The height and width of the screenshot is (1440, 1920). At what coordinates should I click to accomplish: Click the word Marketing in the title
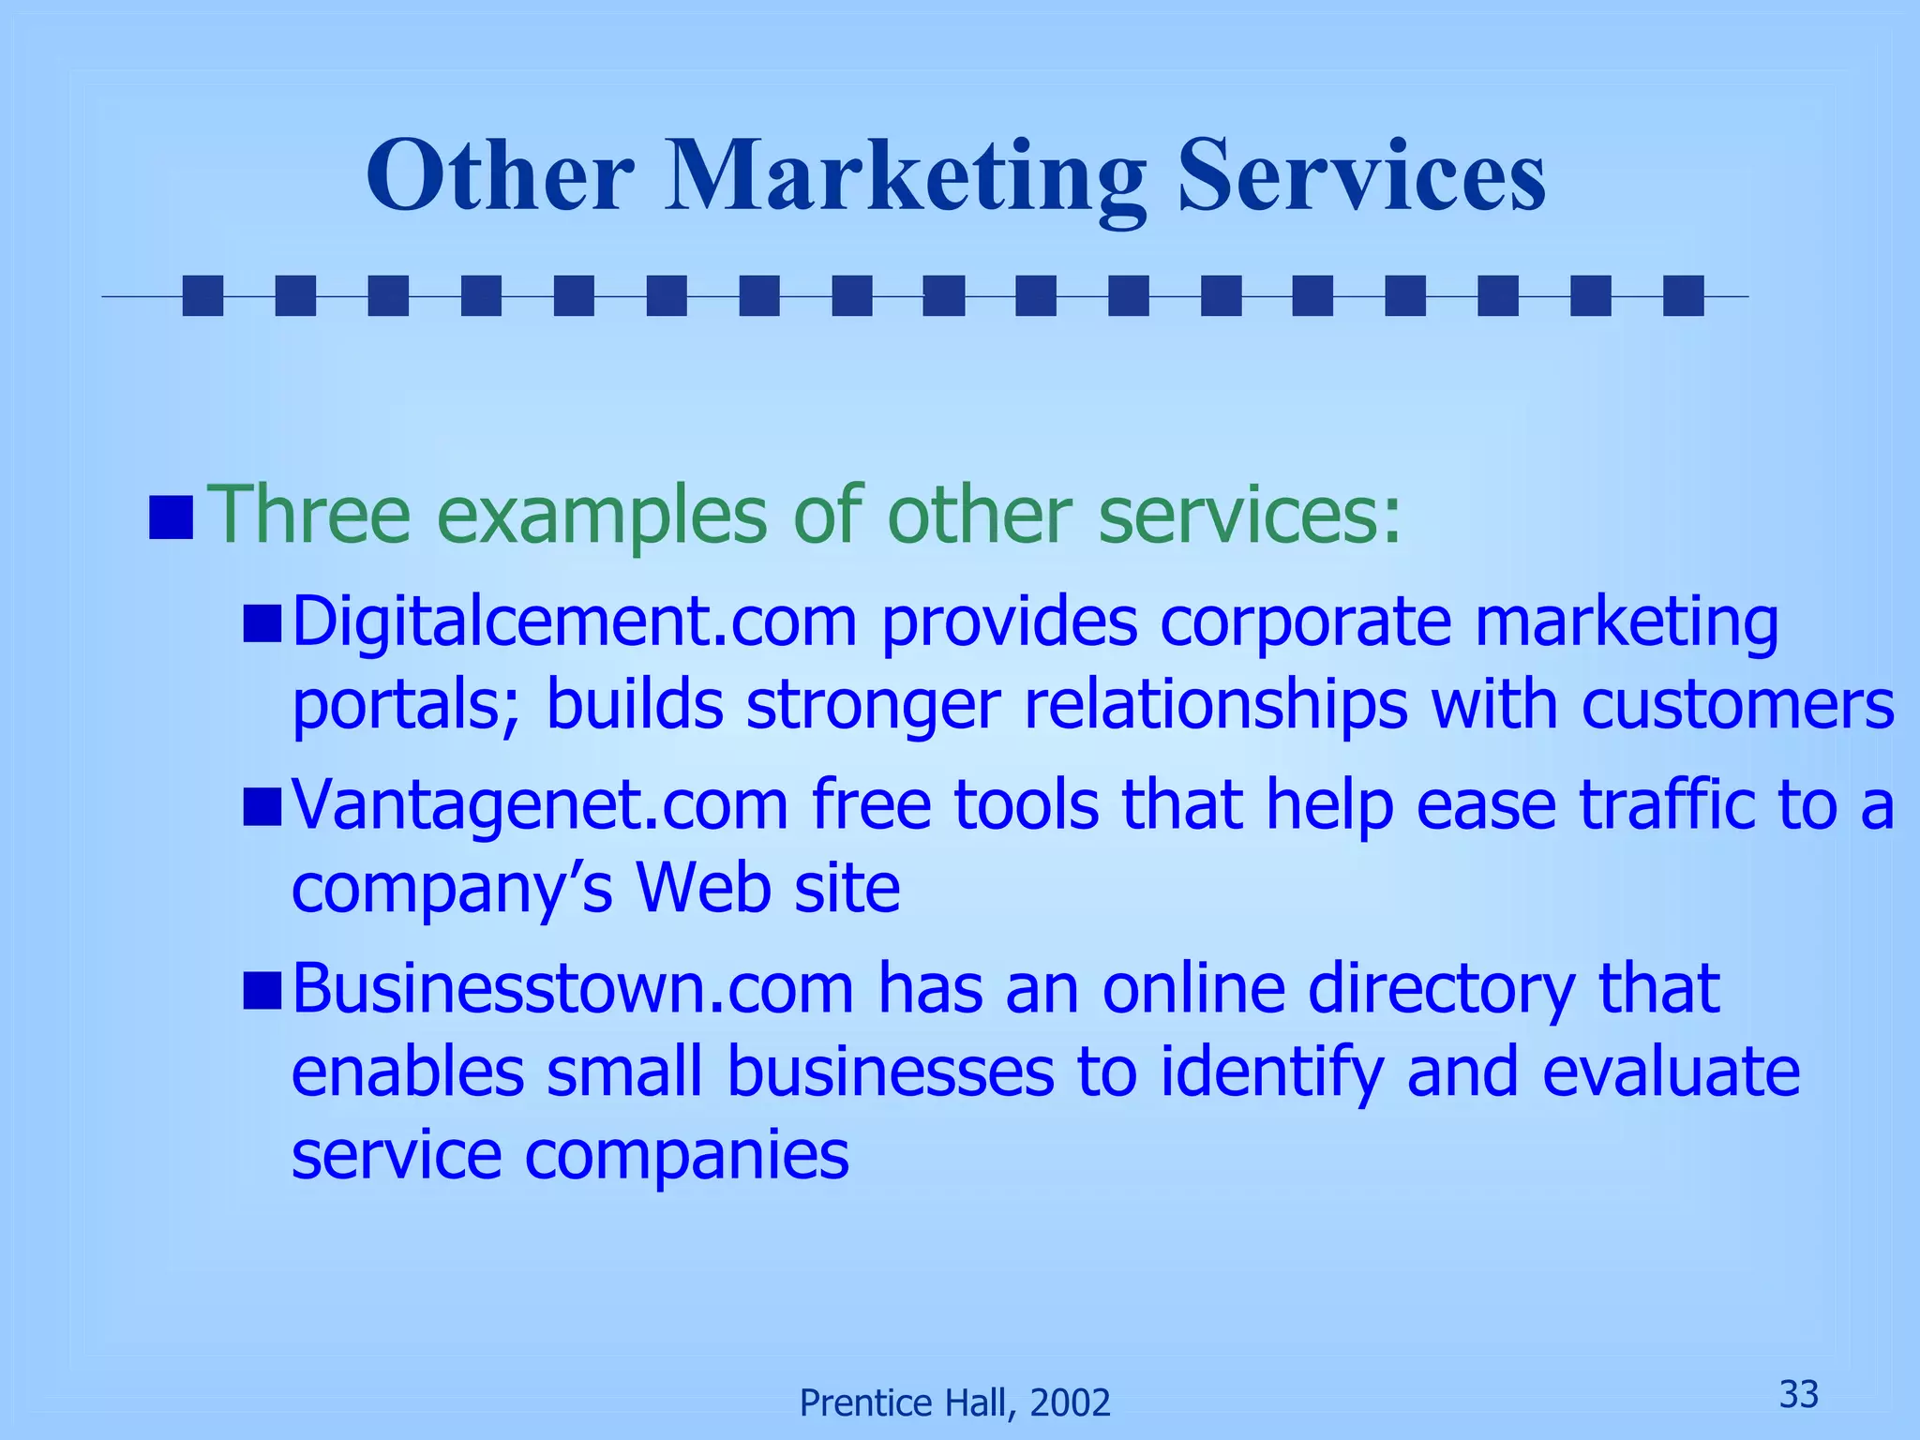[905, 177]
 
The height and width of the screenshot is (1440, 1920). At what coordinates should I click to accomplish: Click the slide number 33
[1799, 1395]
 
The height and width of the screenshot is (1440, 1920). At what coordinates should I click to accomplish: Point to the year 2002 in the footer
[1070, 1403]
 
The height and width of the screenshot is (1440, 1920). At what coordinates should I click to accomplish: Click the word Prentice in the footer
[858, 1403]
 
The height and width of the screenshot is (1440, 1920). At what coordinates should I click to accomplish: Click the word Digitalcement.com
[575, 622]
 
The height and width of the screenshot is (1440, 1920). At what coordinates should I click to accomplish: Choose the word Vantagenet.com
[540, 805]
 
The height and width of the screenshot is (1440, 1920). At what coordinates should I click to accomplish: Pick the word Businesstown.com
[573, 988]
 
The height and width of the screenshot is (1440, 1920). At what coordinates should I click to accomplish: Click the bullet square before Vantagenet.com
[262, 807]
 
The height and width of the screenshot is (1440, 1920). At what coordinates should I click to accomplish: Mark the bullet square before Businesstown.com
[262, 991]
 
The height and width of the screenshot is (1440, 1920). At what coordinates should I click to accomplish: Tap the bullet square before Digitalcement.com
[262, 624]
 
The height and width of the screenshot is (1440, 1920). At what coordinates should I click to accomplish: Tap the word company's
[452, 889]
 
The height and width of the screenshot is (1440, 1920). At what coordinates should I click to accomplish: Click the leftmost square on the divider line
[202, 295]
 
